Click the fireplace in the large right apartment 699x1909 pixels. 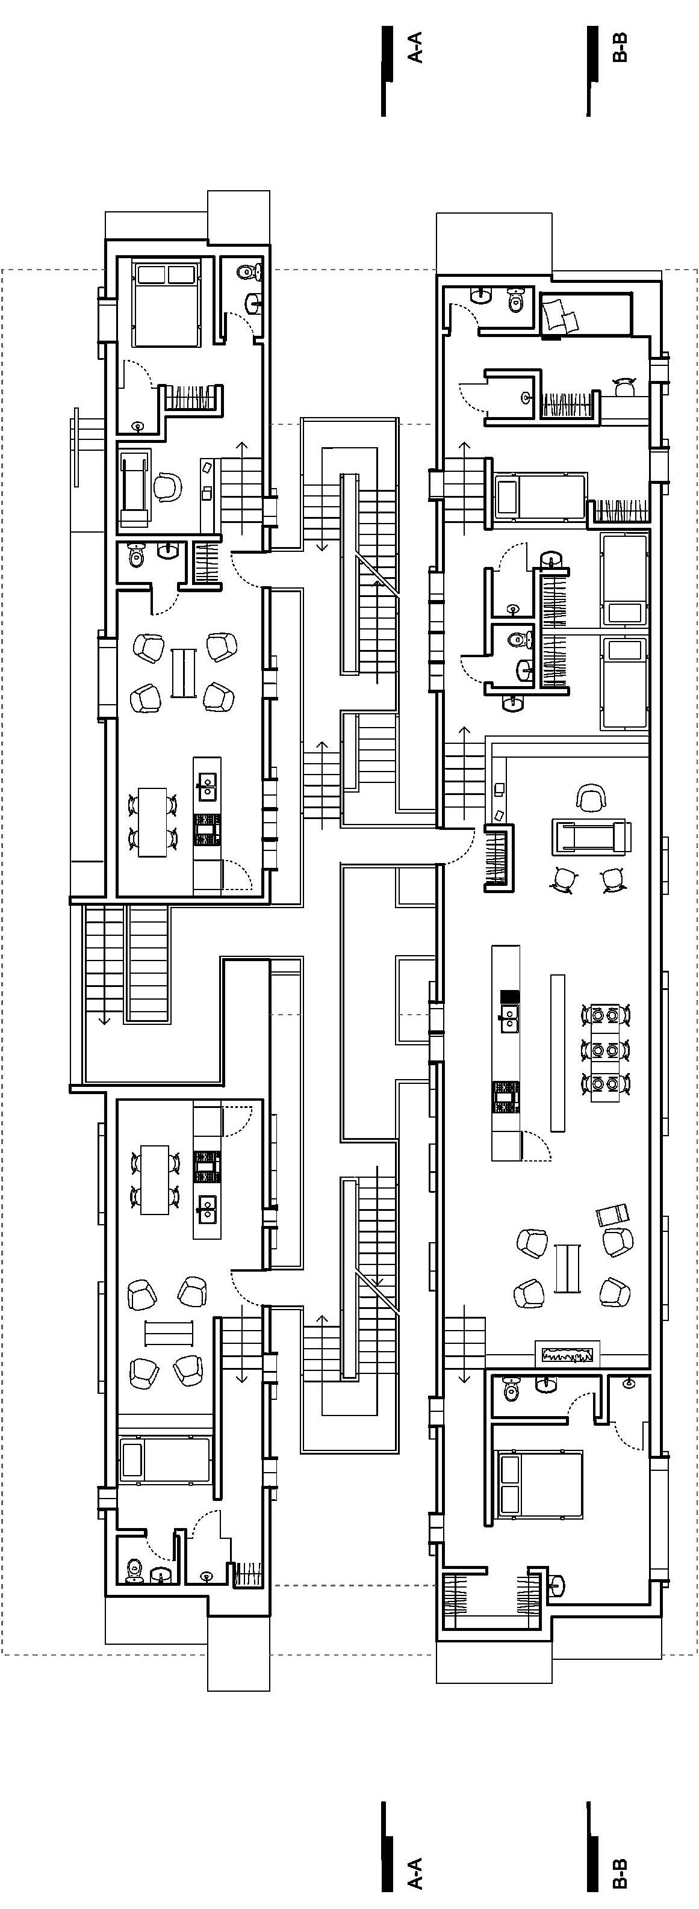click(x=567, y=1355)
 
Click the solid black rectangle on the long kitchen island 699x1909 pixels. click(x=509, y=996)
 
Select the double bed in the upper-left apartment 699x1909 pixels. click(x=167, y=302)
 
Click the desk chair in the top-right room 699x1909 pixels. click(x=626, y=386)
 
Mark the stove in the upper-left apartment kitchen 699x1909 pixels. click(x=208, y=829)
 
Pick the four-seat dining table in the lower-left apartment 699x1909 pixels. click(x=154, y=1180)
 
